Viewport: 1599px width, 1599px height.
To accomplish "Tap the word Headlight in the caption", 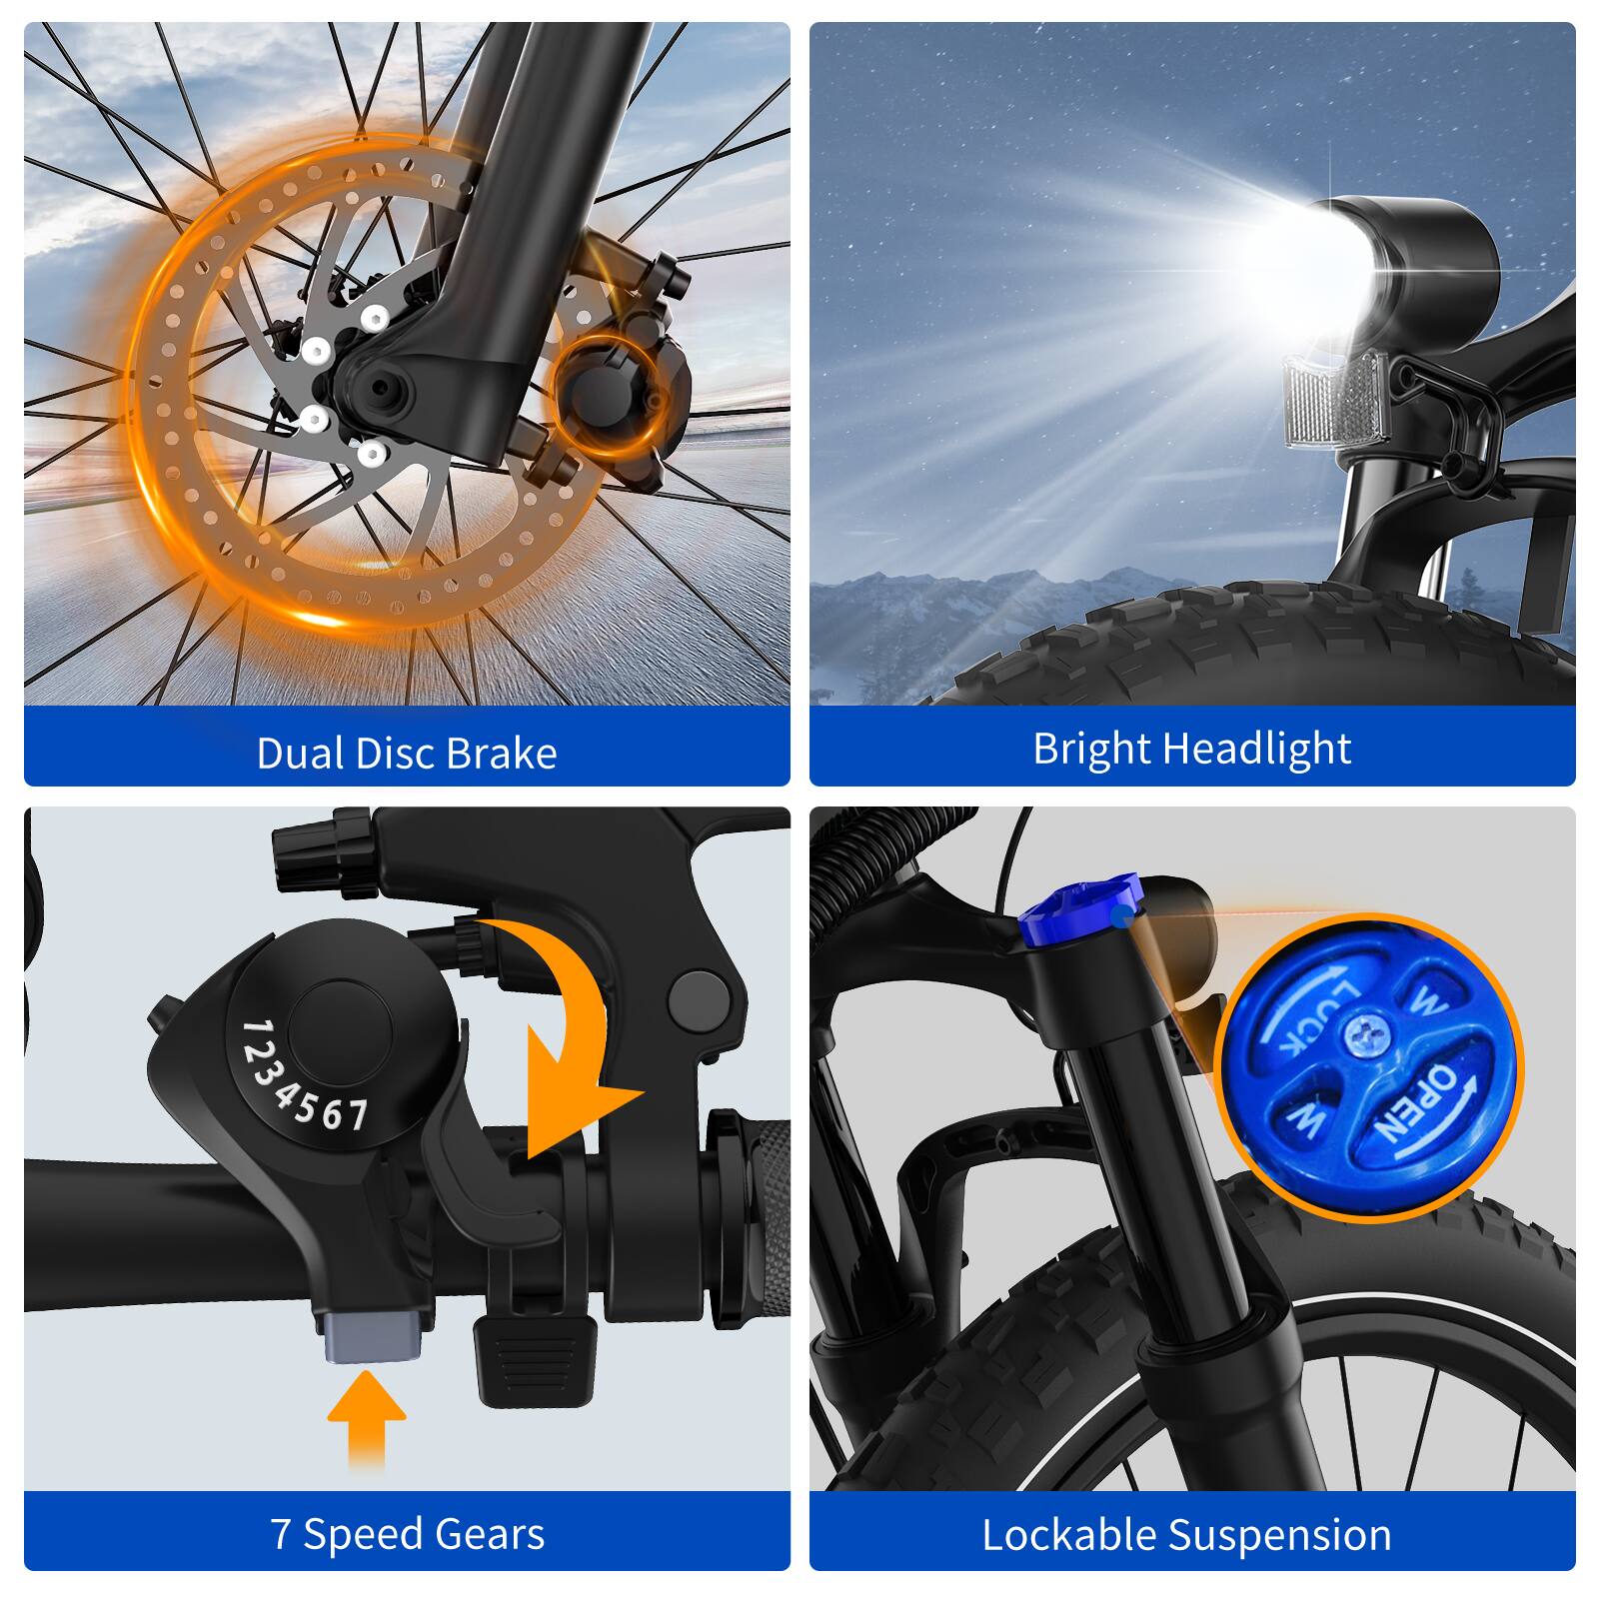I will (x=1257, y=749).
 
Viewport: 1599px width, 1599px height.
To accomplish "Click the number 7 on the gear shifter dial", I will (x=357, y=1114).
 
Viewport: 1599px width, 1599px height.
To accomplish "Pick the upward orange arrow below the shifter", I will (x=367, y=1417).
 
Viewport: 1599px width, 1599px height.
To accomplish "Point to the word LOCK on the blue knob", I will (x=1311, y=1016).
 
